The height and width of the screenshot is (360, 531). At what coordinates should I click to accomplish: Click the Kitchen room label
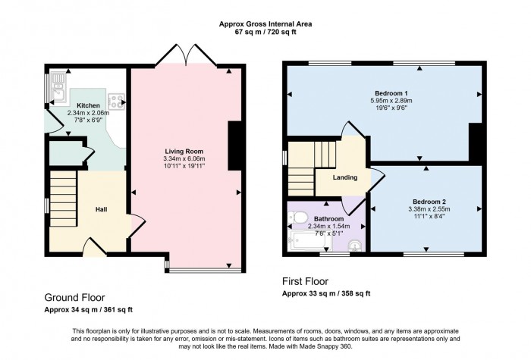coord(88,105)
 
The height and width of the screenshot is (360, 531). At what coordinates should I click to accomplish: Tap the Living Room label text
coord(185,152)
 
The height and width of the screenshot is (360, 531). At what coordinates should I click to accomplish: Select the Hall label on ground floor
coord(102,209)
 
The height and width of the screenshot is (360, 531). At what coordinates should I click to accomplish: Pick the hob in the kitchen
coord(118,99)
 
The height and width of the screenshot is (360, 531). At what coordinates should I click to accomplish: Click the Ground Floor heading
coord(74,298)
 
